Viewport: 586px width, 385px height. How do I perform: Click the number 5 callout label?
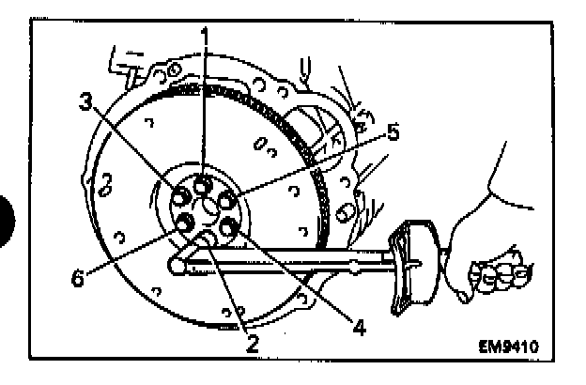pyautogui.click(x=393, y=133)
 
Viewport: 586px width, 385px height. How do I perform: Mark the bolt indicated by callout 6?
pyautogui.click(x=185, y=223)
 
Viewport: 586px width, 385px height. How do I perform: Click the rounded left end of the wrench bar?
pyautogui.click(x=176, y=267)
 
